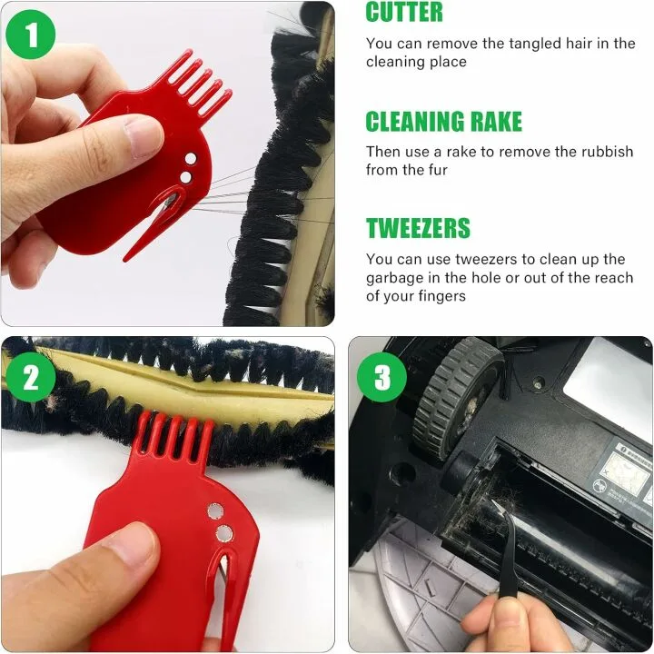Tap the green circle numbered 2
(31, 376)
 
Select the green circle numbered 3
(381, 376)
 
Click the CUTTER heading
(404, 13)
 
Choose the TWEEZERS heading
(418, 228)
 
